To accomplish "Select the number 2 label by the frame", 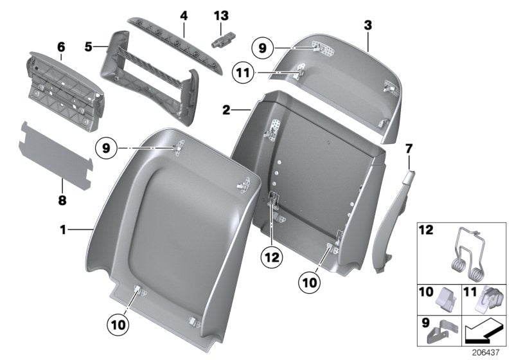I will (x=226, y=111).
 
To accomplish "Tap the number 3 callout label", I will (x=368, y=26).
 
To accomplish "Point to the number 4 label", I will (x=182, y=14).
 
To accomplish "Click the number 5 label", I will (x=89, y=46).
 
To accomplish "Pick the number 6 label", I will (x=61, y=48).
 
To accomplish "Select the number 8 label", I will (x=62, y=201).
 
